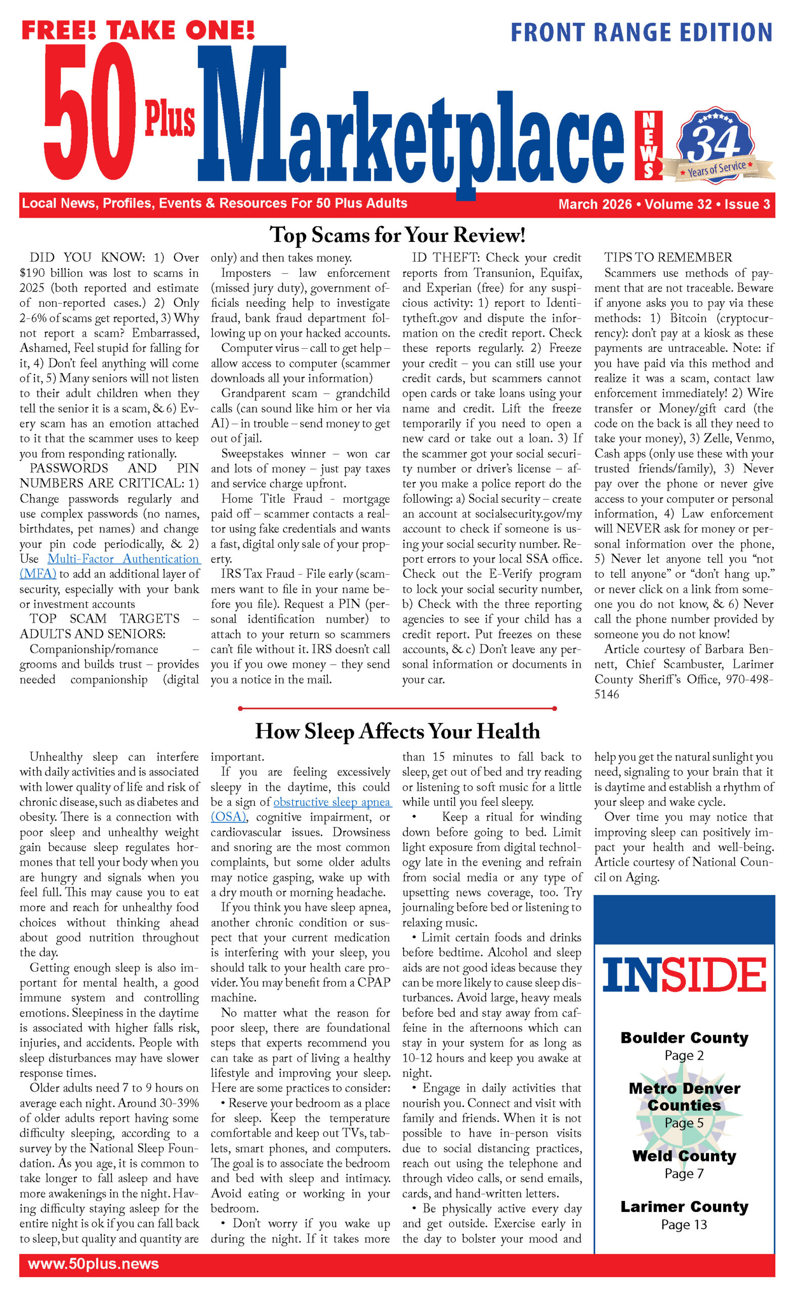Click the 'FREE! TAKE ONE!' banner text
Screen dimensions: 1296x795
(138, 30)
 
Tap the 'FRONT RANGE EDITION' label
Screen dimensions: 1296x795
(641, 32)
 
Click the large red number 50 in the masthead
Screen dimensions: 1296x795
(90, 113)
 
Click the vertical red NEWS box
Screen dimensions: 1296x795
(648, 145)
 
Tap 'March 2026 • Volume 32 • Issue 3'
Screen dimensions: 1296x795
(663, 204)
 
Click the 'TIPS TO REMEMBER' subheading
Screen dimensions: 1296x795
(668, 257)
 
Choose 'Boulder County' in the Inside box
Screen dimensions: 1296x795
(684, 1038)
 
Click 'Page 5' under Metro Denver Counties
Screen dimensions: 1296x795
(684, 1122)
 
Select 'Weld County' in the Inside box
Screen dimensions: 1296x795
(684, 1156)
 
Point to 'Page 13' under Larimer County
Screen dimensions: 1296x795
(684, 1225)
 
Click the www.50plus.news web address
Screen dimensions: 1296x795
(93, 1264)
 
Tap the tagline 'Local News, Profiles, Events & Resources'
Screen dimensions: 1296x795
(215, 204)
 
